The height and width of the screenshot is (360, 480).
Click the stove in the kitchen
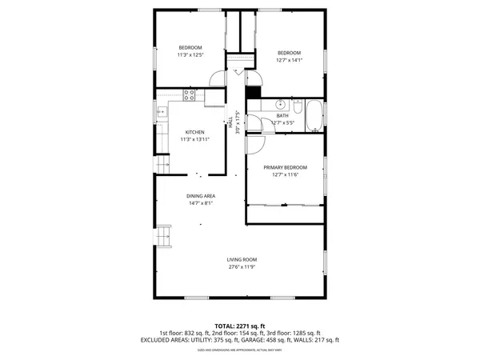point(190,95)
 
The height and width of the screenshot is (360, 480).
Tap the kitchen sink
point(160,112)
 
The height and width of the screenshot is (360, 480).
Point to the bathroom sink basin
point(282,104)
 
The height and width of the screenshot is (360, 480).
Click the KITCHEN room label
point(195,132)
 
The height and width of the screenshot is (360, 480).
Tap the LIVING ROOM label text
point(241,259)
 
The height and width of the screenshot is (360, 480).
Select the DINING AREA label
point(201,196)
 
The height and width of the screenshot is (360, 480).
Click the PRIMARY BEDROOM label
point(285,167)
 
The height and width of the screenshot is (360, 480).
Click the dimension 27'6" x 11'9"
point(241,267)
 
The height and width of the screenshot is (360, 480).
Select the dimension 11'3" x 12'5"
point(190,54)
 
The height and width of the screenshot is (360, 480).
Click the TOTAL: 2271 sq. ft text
point(240,326)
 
